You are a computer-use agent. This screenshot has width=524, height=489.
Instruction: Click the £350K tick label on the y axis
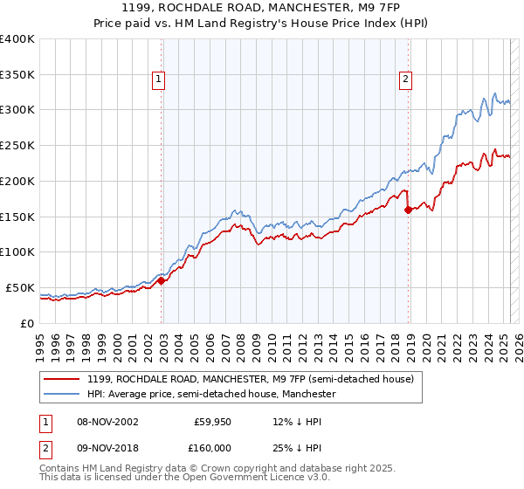[x=17, y=74]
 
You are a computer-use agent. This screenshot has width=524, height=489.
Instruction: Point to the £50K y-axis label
[x=20, y=287]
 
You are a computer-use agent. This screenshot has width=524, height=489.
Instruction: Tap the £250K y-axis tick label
[x=17, y=146]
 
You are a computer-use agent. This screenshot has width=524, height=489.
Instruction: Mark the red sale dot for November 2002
[x=162, y=280]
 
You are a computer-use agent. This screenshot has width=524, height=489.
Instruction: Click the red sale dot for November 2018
[x=408, y=209]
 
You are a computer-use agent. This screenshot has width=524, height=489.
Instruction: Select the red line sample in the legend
[x=62, y=379]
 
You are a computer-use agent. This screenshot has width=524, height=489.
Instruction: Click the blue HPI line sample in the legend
[x=62, y=394]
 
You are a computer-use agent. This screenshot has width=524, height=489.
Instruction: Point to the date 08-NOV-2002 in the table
[x=108, y=421]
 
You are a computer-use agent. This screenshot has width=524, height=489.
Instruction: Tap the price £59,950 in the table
[x=210, y=421]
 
